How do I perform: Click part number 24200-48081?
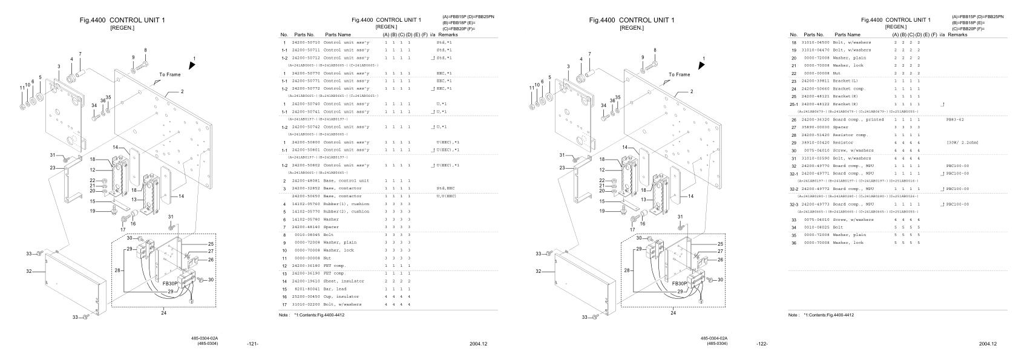(306, 181)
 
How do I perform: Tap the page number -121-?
(253, 344)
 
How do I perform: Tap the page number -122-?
(762, 344)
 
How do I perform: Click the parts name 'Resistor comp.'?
(850, 135)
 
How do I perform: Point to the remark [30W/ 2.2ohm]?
(962, 143)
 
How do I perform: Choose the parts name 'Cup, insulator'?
(341, 297)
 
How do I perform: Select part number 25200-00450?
(306, 297)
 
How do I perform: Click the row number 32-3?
(794, 205)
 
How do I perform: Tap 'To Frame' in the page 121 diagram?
(169, 74)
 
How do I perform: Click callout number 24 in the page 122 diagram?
(673, 313)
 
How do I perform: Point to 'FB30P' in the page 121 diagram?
(171, 283)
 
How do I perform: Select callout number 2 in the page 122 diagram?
(691, 91)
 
